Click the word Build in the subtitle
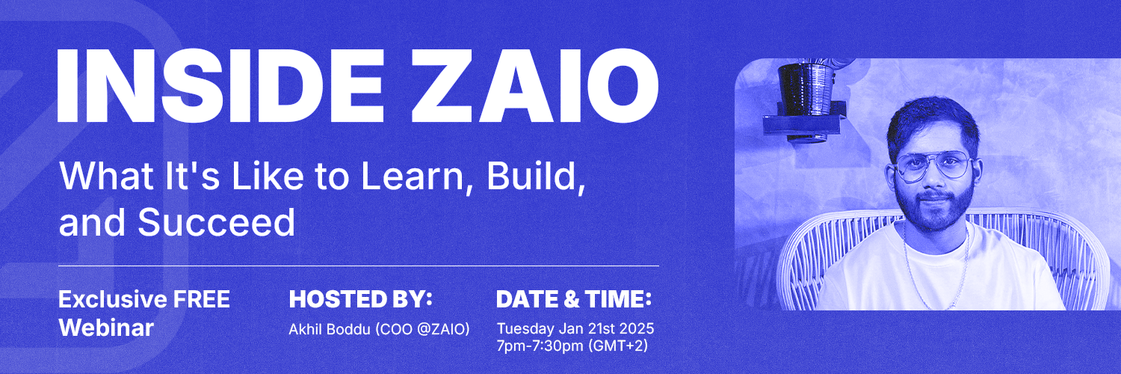[533, 177]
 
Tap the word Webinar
[106, 328]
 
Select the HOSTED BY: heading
[361, 299]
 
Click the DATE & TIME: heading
[574, 299]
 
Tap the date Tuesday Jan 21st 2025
[575, 328]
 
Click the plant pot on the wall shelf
[806, 90]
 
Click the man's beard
[936, 210]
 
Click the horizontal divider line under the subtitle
[359, 266]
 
